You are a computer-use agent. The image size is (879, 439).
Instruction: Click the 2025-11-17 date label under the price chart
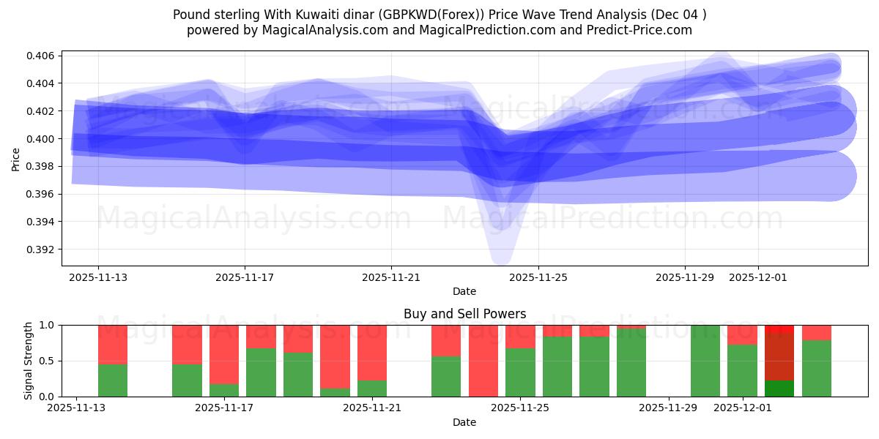click(x=245, y=278)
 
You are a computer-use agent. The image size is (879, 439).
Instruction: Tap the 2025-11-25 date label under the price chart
click(x=538, y=278)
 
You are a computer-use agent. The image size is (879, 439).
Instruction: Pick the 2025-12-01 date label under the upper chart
click(x=758, y=278)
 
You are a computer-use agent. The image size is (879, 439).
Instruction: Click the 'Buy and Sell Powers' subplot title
click(x=464, y=314)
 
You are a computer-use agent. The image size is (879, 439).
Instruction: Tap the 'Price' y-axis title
click(x=16, y=159)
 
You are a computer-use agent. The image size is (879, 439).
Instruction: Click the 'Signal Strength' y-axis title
click(x=29, y=361)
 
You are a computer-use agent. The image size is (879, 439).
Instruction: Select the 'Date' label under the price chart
click(x=464, y=291)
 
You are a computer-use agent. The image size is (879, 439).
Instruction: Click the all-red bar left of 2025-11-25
click(x=483, y=361)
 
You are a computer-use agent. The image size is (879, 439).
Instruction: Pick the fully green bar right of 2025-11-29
click(x=705, y=361)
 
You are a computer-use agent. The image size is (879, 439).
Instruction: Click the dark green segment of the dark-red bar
click(x=779, y=389)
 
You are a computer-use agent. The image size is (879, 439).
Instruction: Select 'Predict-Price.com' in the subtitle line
click(x=642, y=30)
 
